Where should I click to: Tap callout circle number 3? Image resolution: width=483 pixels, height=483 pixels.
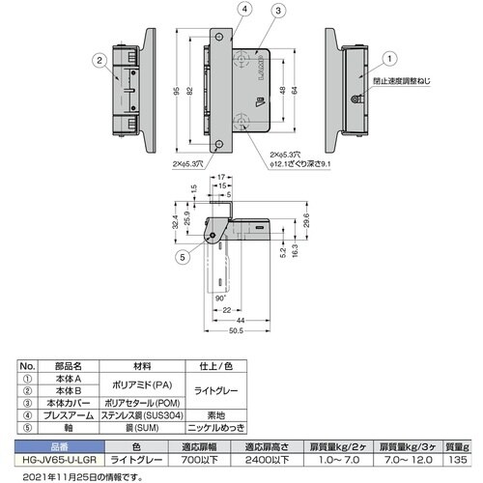(x=278, y=12)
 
